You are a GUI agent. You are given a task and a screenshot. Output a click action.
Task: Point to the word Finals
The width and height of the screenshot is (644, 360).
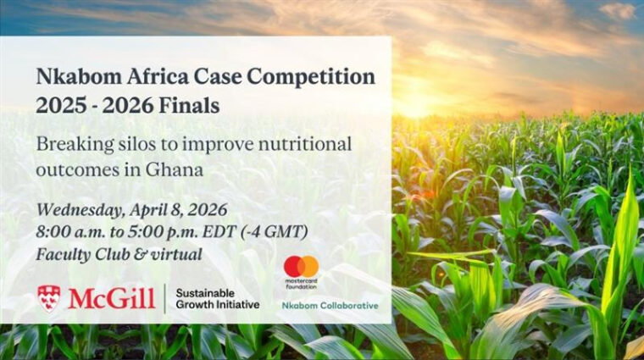(190, 106)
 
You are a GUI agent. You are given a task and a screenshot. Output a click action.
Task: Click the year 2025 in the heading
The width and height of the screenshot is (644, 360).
(62, 106)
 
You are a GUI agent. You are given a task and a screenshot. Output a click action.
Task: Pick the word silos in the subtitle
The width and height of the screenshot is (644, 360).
(136, 144)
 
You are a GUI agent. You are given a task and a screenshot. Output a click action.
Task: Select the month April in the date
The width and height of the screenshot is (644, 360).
(147, 211)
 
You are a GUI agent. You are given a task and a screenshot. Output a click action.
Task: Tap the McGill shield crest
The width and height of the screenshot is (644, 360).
(48, 298)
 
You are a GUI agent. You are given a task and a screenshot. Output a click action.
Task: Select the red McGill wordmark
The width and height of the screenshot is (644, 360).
(111, 298)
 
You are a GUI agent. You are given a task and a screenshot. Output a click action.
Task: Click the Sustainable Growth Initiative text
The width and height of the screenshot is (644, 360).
(217, 298)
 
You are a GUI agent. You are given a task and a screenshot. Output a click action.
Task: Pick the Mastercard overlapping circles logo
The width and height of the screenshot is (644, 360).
(302, 267)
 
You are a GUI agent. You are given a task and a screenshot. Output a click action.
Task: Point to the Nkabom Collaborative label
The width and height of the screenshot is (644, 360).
(330, 306)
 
